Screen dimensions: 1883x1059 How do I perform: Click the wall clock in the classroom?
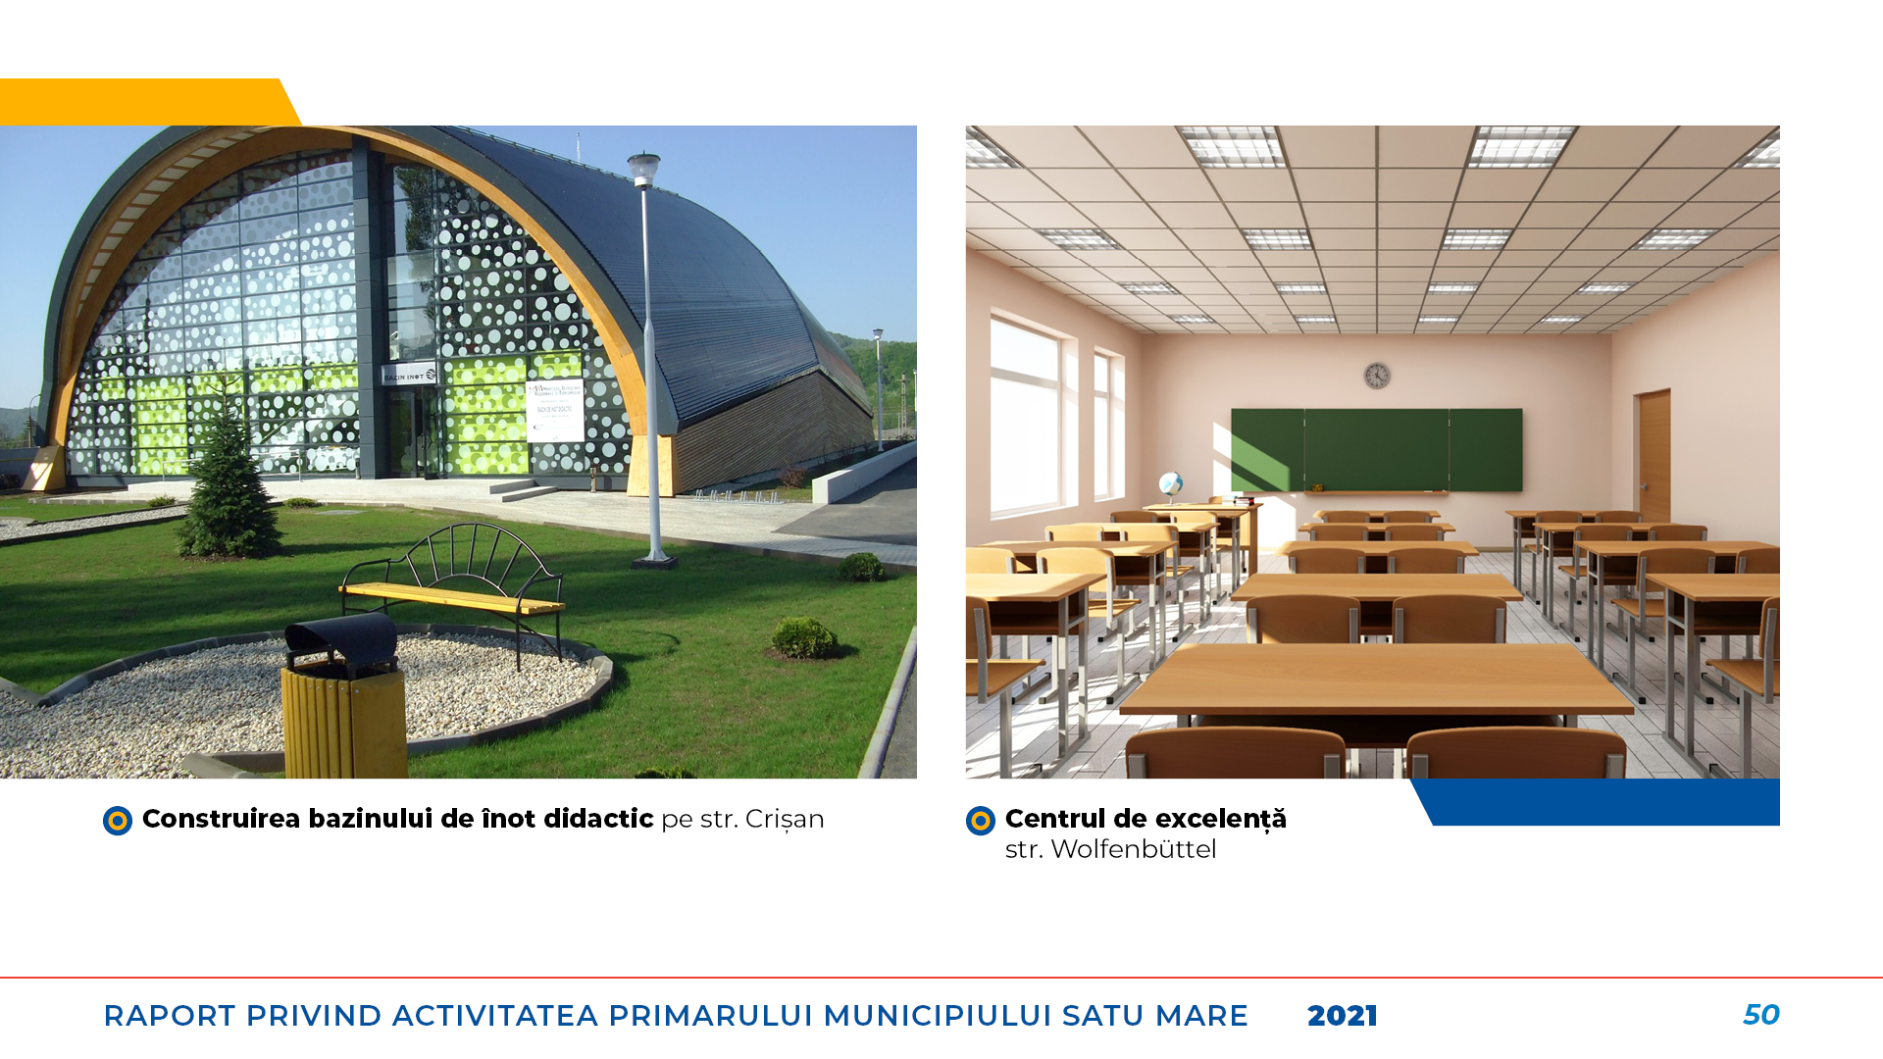tap(1377, 376)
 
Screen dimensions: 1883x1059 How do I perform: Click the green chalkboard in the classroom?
tap(1377, 450)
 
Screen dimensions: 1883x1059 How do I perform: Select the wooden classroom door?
tap(1654, 457)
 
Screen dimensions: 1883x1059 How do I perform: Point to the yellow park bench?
tap(452, 590)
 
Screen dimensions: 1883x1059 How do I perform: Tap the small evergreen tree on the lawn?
tap(229, 488)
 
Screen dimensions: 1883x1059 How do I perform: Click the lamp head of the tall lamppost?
tap(643, 170)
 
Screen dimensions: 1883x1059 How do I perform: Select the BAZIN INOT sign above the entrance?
tap(410, 376)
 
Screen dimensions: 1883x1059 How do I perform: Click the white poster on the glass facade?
tap(555, 411)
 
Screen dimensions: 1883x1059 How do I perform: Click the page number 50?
tap(1761, 1015)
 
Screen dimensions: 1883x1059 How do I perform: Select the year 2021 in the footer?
tap(1343, 1016)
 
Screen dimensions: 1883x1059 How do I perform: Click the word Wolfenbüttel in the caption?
tap(1134, 849)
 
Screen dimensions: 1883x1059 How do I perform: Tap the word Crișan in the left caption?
tap(785, 819)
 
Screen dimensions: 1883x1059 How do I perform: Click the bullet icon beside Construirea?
tap(118, 821)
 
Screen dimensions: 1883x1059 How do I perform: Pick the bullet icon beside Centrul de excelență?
tap(981, 821)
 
